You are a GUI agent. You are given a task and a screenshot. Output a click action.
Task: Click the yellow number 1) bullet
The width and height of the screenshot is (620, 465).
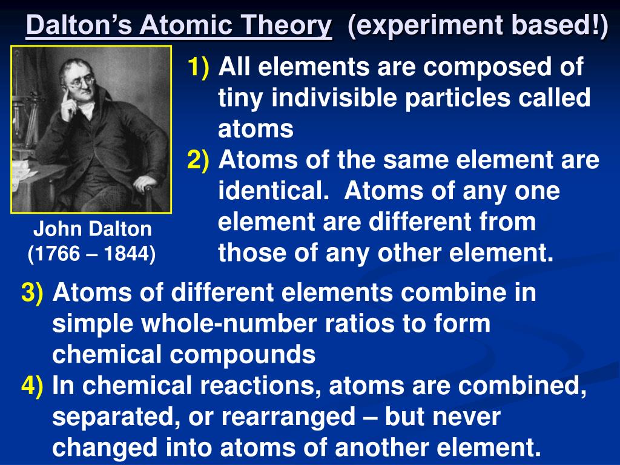click(198, 67)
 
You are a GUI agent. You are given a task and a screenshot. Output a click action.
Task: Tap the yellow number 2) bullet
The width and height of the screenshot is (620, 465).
click(198, 160)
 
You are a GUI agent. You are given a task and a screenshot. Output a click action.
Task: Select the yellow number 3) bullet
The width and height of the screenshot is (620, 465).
click(32, 293)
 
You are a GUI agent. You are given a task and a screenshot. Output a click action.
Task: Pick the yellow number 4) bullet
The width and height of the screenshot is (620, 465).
click(32, 386)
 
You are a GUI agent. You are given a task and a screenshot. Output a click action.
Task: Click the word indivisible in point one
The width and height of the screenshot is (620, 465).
click(334, 97)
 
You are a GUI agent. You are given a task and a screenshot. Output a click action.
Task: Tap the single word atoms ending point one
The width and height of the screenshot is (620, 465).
click(256, 130)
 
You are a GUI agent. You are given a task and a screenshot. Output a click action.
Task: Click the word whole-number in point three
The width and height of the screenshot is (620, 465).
click(229, 323)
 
